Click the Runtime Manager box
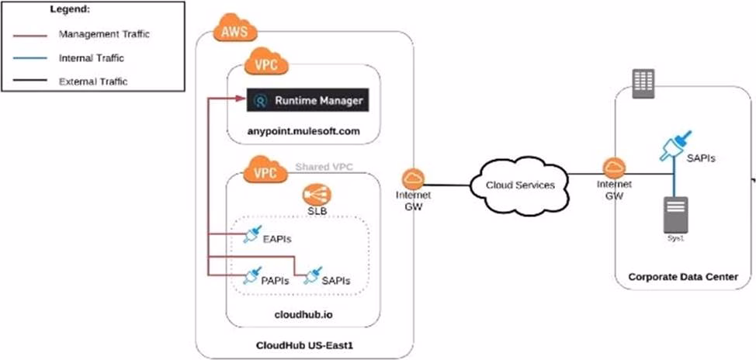[x=305, y=100]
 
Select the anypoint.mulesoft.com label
[x=304, y=131]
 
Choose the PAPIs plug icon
[x=251, y=275]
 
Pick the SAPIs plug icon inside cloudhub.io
[x=312, y=275]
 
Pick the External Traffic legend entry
[x=92, y=81]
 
